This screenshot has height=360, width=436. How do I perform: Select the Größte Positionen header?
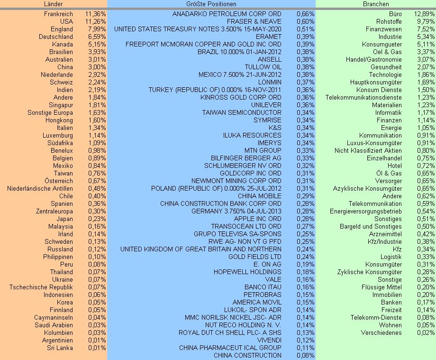tap(211, 4)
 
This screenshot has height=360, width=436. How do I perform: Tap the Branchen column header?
tap(375, 4)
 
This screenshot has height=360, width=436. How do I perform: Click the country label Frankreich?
tap(58, 14)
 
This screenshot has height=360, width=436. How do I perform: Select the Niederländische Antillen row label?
tap(40, 188)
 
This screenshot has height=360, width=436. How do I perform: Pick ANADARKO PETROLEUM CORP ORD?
tap(227, 14)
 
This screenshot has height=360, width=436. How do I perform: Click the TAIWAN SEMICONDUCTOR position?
tap(242, 112)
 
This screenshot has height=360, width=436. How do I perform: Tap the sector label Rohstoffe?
tap(389, 21)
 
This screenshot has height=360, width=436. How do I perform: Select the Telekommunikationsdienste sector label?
tap(363, 97)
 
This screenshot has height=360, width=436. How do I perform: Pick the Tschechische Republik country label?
tap(41, 287)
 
